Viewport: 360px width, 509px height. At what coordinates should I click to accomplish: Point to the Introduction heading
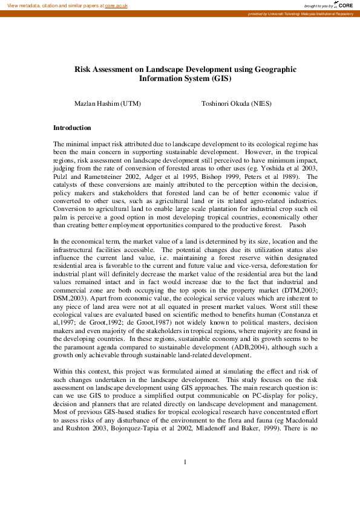(72, 128)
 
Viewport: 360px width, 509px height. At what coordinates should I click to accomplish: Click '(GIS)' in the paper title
(221, 79)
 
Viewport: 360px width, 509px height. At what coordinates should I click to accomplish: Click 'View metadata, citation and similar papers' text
(52, 5)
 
